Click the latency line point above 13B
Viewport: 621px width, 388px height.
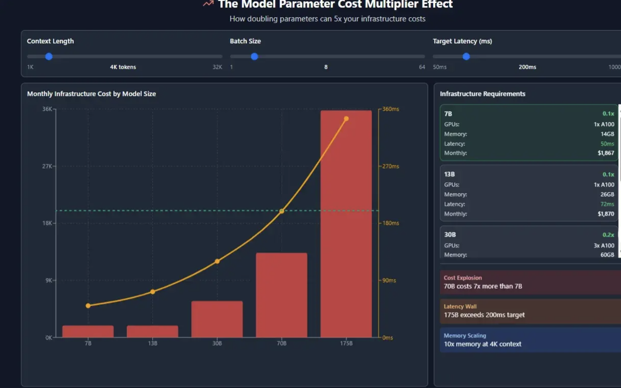pos(153,292)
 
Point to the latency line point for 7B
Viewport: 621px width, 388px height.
pos(88,306)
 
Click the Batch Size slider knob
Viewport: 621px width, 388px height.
pos(254,57)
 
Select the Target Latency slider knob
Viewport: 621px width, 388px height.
pos(466,57)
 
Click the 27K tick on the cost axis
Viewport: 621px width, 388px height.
pos(47,166)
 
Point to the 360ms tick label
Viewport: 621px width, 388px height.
pos(390,109)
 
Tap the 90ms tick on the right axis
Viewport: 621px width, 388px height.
pos(389,280)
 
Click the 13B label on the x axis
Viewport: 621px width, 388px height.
pos(153,343)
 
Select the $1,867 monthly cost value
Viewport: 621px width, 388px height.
pos(606,153)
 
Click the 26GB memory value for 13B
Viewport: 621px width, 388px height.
pos(607,194)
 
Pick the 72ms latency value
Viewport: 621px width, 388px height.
pos(607,204)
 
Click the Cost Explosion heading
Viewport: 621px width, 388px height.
pos(463,278)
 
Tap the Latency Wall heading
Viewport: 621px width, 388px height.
pos(460,307)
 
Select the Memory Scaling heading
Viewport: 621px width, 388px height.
pos(465,336)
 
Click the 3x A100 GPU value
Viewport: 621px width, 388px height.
pos(604,246)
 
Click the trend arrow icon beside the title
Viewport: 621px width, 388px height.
pos(208,4)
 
